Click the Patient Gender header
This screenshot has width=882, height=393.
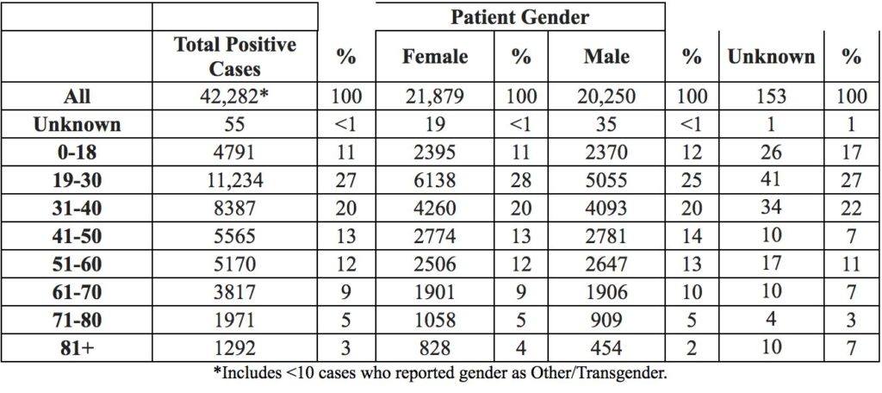coord(519,17)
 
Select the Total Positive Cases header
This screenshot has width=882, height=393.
coord(235,56)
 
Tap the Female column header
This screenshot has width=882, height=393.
coord(435,56)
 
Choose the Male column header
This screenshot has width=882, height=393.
coord(606,56)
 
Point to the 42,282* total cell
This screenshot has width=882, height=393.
coord(235,97)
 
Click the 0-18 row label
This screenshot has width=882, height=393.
coord(77,152)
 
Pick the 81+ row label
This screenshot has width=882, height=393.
coord(77,348)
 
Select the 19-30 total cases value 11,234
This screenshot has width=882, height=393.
coord(235,180)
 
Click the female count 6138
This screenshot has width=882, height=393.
coord(435,180)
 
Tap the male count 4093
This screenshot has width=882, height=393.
coord(606,209)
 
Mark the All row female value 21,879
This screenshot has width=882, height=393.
coord(435,97)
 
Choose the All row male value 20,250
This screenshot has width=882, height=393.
coord(606,97)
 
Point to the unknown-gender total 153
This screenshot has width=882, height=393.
coord(771,97)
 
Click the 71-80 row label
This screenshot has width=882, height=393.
coord(77,321)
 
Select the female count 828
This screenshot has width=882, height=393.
coord(435,348)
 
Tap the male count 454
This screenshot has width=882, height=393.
coord(606,348)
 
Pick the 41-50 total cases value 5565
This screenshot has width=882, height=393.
coord(235,236)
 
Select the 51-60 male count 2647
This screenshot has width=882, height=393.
coord(606,264)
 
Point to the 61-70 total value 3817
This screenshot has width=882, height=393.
coord(235,292)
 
